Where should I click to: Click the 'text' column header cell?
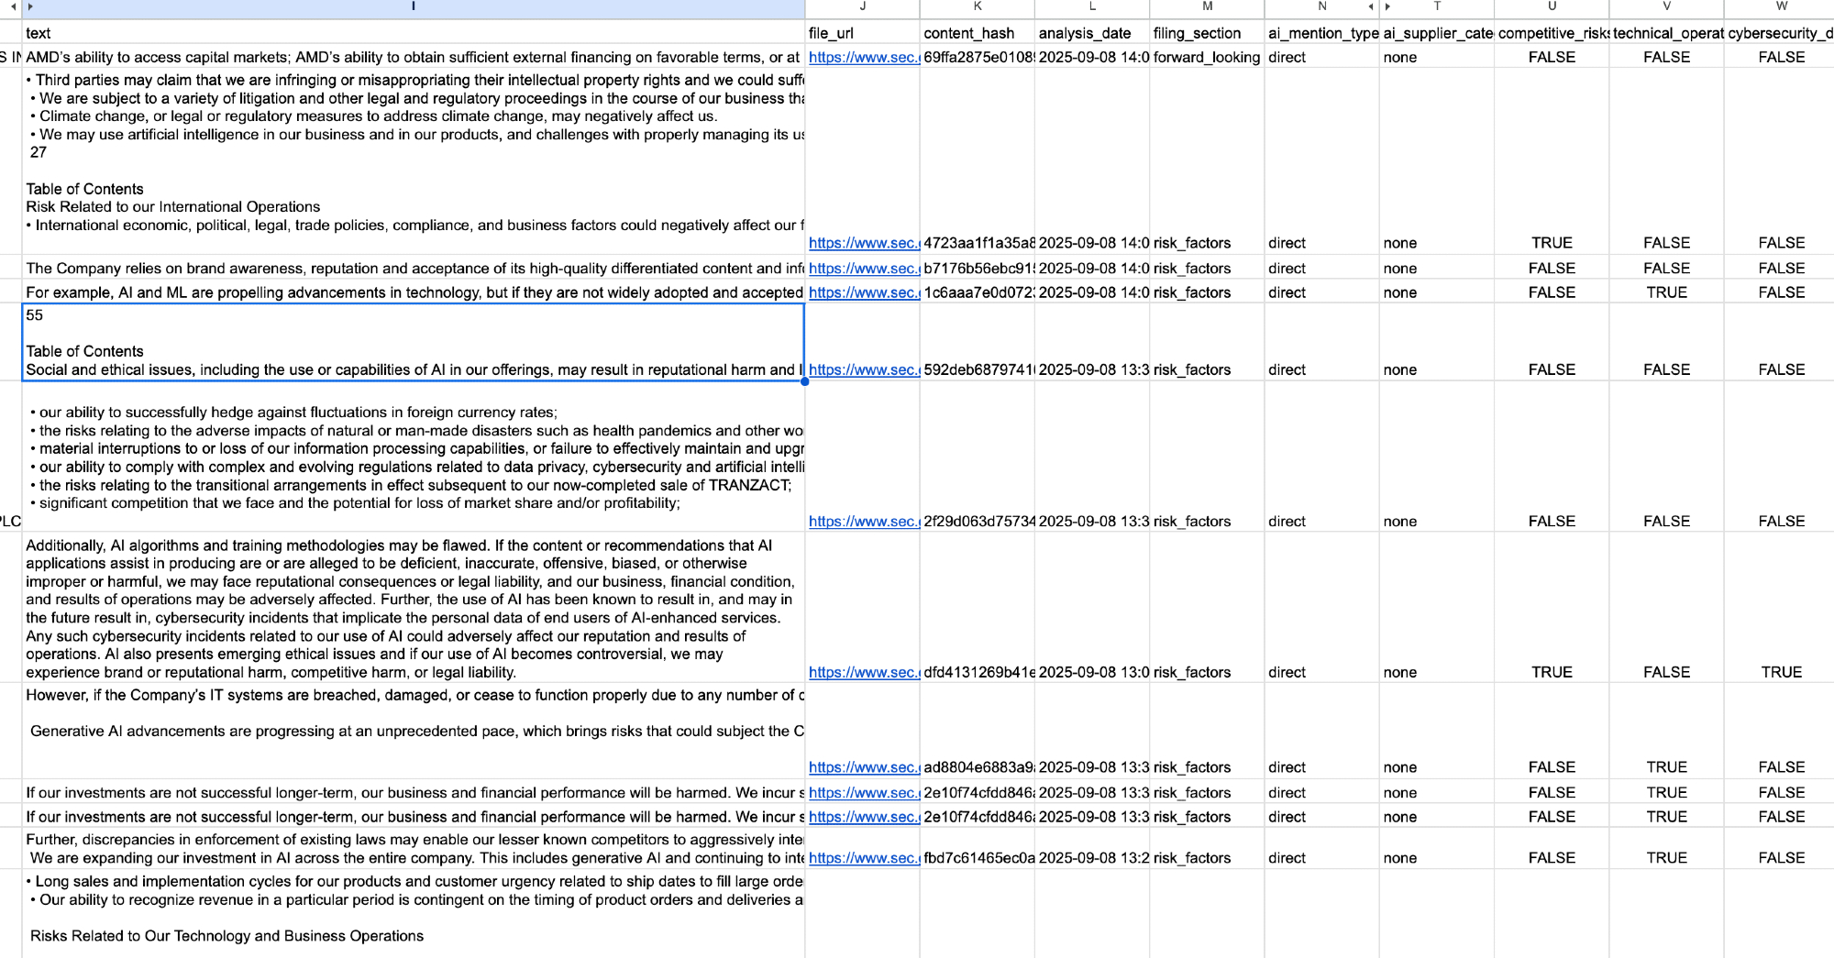pyautogui.click(x=39, y=33)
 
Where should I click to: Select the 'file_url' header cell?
pyautogui.click(x=831, y=33)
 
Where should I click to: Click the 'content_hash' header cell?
pyautogui.click(x=968, y=33)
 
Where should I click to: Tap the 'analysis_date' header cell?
pyautogui.click(x=1084, y=33)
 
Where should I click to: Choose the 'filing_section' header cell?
pyautogui.click(x=1197, y=33)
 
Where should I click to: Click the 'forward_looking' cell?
pyautogui.click(x=1206, y=57)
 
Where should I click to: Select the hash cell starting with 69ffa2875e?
pyautogui.click(x=978, y=57)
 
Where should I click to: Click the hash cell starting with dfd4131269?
pyautogui.click(x=978, y=672)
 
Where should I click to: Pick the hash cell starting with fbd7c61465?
pyautogui.click(x=978, y=858)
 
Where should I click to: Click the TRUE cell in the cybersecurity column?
pyautogui.click(x=1781, y=672)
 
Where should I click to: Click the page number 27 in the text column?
pyautogui.click(x=38, y=152)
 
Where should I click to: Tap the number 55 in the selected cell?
pyautogui.click(x=35, y=315)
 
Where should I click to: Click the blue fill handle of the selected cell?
pyautogui.click(x=804, y=380)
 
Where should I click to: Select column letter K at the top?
pyautogui.click(x=978, y=6)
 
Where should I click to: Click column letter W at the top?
pyautogui.click(x=1781, y=6)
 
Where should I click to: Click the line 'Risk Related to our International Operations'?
pyautogui.click(x=172, y=207)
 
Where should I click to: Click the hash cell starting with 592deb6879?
pyautogui.click(x=978, y=369)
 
